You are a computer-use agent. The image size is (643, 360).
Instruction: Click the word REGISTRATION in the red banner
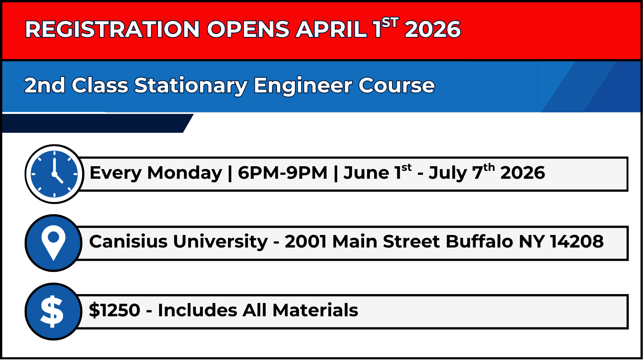click(x=112, y=29)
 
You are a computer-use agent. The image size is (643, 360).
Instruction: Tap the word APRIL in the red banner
click(x=331, y=29)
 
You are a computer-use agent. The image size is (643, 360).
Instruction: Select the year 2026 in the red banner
click(x=433, y=29)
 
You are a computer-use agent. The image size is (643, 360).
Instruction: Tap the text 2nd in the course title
click(x=45, y=86)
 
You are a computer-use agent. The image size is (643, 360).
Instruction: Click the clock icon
click(x=54, y=174)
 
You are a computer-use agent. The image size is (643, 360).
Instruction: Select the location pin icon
click(x=53, y=243)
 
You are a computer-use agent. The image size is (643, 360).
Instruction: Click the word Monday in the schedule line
click(x=185, y=173)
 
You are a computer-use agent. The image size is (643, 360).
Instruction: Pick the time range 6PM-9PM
click(x=283, y=173)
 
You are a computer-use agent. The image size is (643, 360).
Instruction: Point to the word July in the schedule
click(x=448, y=173)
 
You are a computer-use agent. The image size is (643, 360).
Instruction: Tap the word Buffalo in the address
click(x=480, y=241)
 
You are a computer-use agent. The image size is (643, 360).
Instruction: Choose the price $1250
click(x=114, y=310)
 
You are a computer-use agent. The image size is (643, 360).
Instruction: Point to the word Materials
click(x=315, y=310)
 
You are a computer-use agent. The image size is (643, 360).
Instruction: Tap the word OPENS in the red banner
click(x=248, y=29)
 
